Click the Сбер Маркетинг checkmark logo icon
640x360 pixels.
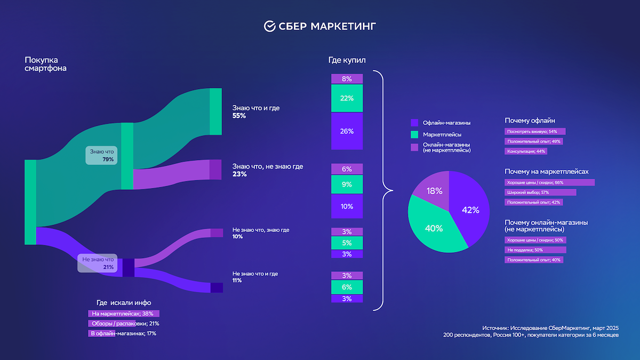[270, 26]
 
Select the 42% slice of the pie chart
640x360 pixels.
[469, 210]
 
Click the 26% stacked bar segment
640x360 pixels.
[347, 131]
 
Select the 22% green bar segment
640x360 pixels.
[347, 98]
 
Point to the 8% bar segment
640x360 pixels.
[347, 79]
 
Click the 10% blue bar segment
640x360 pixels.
[347, 206]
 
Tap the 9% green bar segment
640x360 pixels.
[347, 185]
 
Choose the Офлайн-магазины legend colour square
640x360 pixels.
[414, 123]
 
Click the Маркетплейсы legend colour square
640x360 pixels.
[414, 134]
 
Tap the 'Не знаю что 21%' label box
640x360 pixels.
[98, 263]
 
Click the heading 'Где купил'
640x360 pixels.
[347, 60]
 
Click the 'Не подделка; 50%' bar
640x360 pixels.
[535, 250]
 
